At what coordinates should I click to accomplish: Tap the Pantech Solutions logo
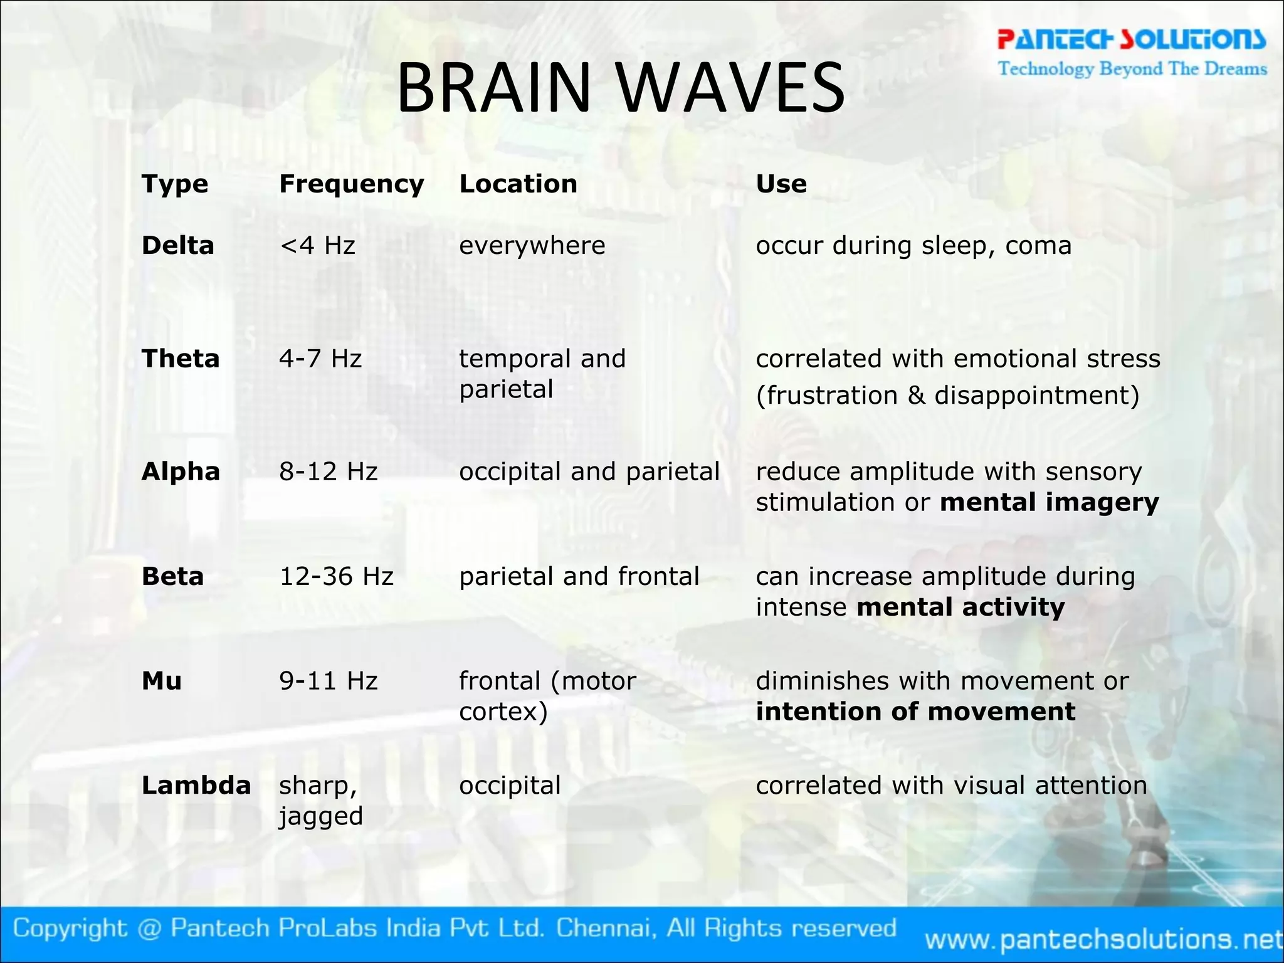1132,39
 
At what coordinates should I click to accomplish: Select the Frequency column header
351,184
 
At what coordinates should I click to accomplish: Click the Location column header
518,184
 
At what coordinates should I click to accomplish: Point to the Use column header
781,184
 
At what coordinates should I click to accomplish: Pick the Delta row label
178,245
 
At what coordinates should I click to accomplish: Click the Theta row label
181,359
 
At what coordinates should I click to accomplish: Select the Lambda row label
196,786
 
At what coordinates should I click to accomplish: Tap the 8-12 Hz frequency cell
328,471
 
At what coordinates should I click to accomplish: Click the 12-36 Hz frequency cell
336,576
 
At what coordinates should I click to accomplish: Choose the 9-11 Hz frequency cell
328,681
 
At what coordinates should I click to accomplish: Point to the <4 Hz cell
317,245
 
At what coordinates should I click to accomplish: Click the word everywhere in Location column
532,245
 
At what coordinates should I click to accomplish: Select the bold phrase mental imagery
1050,503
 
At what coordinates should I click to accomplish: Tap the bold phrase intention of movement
915,712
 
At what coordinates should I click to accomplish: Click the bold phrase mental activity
960,608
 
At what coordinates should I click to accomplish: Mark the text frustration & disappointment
947,396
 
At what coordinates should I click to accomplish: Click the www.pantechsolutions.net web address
1103,939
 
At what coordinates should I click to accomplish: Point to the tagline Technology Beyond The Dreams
1132,68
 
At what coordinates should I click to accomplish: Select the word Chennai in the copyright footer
606,928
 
